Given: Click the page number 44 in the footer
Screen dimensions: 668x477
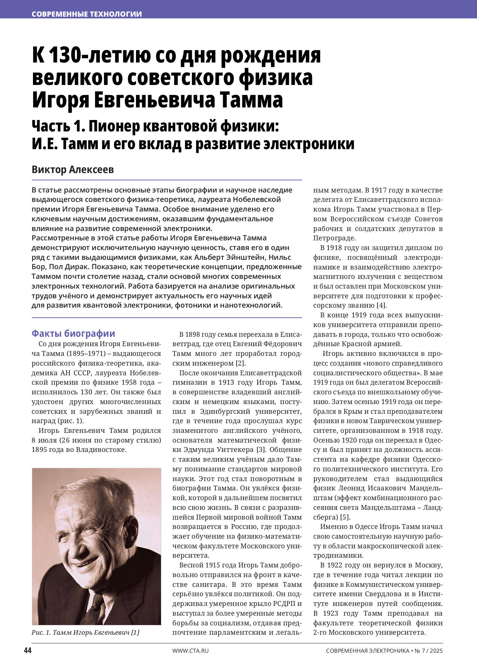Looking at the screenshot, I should pos(27,650).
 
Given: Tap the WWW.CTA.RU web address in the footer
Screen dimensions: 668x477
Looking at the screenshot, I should pos(190,651).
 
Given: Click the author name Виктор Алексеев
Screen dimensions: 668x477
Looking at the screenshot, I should pos(73,170).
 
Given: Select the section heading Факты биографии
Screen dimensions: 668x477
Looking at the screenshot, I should pos(73,334).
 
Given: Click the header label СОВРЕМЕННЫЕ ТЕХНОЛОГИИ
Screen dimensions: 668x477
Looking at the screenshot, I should pos(87,14).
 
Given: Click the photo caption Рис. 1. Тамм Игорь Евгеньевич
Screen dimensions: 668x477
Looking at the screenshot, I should pos(85,632).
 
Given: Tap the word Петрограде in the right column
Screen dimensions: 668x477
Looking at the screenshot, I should pos(334,238).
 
